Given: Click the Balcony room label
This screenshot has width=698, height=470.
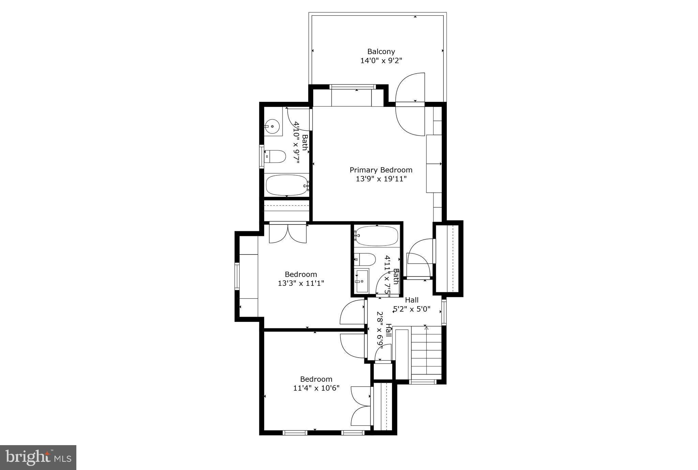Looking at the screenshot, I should click(x=381, y=52).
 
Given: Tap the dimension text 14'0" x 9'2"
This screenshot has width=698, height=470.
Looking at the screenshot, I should click(x=381, y=61).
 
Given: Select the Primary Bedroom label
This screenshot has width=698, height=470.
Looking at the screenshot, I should click(x=381, y=170).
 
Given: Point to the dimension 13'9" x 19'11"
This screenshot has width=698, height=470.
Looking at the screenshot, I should click(x=381, y=179).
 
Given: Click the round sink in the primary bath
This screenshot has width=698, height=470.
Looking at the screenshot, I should click(x=272, y=126).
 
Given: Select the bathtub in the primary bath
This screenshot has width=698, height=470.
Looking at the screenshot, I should click(x=287, y=185).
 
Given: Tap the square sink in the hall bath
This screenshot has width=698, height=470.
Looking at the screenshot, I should click(x=361, y=281).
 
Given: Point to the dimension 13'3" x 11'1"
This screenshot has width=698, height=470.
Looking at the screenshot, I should click(x=301, y=283).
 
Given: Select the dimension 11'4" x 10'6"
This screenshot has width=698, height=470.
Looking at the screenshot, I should click(x=316, y=388).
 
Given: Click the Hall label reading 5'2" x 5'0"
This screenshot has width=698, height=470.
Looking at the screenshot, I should click(x=412, y=305).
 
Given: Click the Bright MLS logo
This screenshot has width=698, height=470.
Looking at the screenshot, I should click(x=38, y=457).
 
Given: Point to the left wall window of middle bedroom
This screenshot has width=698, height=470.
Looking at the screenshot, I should click(x=237, y=276).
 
